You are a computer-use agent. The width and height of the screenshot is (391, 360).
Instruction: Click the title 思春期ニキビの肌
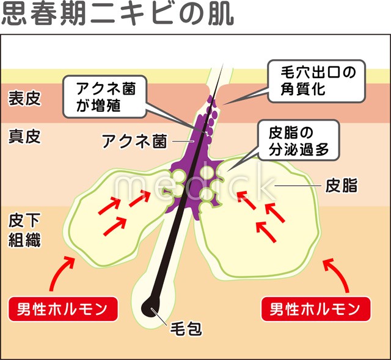[x=116, y=15]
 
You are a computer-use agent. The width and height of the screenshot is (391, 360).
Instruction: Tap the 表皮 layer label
[x=24, y=98]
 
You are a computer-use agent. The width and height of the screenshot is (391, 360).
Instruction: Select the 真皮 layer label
[x=24, y=135]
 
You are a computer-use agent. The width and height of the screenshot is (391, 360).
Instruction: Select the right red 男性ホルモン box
[x=316, y=308]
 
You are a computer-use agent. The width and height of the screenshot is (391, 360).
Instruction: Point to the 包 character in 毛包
[x=196, y=330]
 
